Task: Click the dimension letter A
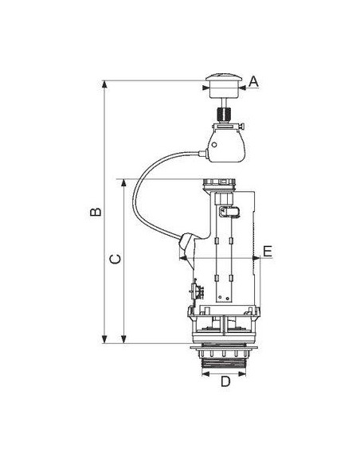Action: click(254, 81)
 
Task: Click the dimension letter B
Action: click(94, 213)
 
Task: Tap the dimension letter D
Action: click(225, 381)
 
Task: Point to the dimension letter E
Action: click(268, 252)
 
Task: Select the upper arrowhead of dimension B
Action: click(105, 84)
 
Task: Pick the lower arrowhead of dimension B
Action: click(105, 340)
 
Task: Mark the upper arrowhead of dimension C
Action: click(125, 182)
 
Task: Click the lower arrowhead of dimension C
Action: click(125, 340)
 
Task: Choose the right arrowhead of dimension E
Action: click(256, 259)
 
